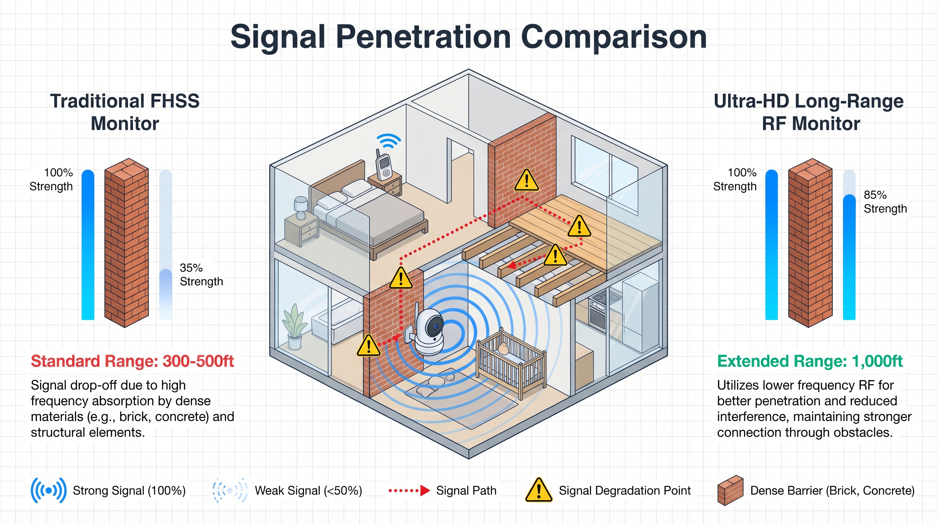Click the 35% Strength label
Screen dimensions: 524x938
click(201, 275)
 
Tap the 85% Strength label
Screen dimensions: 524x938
click(885, 202)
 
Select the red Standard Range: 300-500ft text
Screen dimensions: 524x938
click(132, 362)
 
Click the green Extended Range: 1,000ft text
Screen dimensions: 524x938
click(810, 362)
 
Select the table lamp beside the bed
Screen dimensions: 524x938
click(301, 207)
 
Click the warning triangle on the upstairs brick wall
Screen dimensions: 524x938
click(526, 180)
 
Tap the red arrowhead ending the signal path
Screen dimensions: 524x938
click(512, 265)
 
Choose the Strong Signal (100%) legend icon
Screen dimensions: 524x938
click(48, 491)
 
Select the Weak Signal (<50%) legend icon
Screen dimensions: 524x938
click(230, 491)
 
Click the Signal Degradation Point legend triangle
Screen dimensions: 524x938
click(539, 490)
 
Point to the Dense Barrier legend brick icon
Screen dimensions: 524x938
click(730, 491)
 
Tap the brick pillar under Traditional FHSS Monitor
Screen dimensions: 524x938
click(126, 243)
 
